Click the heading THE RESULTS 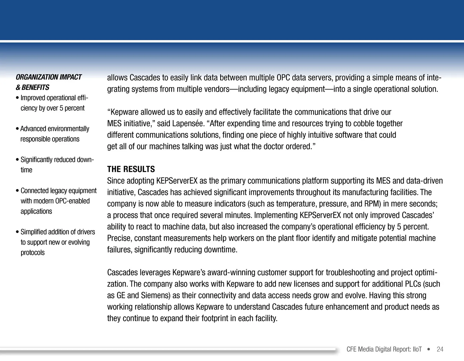click(131, 169)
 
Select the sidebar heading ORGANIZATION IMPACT click(49, 77)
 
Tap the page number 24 click(440, 349)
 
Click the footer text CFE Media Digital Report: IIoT click(384, 349)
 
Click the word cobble click(364, 124)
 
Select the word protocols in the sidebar click(33, 253)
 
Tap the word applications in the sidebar click(36, 212)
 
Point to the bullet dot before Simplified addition click(17, 232)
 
